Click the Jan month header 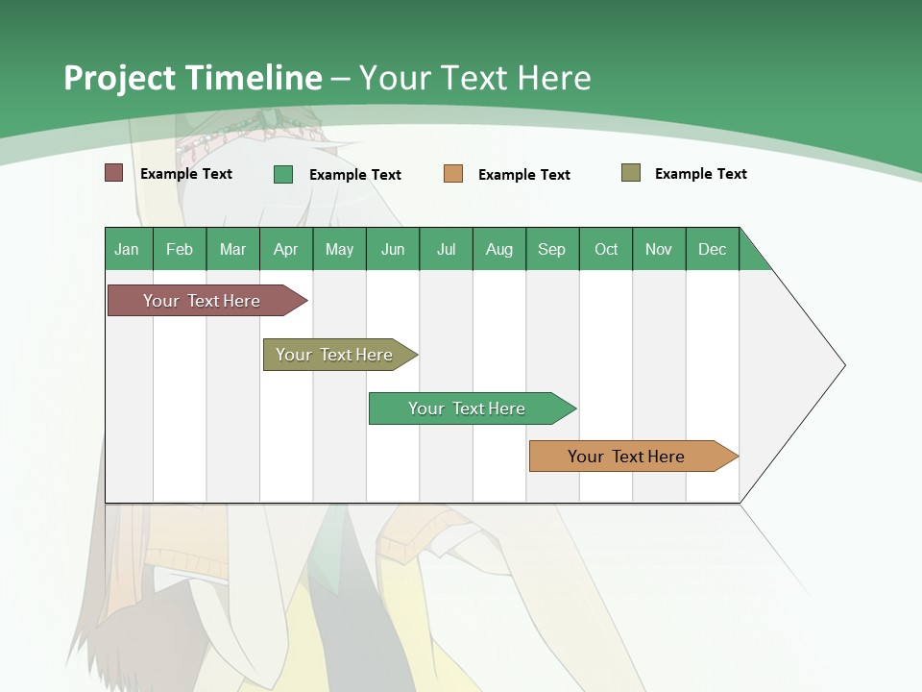point(127,249)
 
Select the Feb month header point(180,249)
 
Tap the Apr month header point(285,249)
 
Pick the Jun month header point(393,249)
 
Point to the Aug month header point(498,249)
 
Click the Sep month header point(551,249)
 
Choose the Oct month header point(606,249)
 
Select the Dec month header point(712,249)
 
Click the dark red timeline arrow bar point(202,301)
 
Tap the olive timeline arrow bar point(334,355)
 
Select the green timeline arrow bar point(467,408)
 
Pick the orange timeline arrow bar point(626,457)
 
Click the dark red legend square point(114,173)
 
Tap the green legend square point(283,174)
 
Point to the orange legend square point(453,174)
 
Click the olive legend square point(631,173)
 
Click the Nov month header point(658,249)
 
